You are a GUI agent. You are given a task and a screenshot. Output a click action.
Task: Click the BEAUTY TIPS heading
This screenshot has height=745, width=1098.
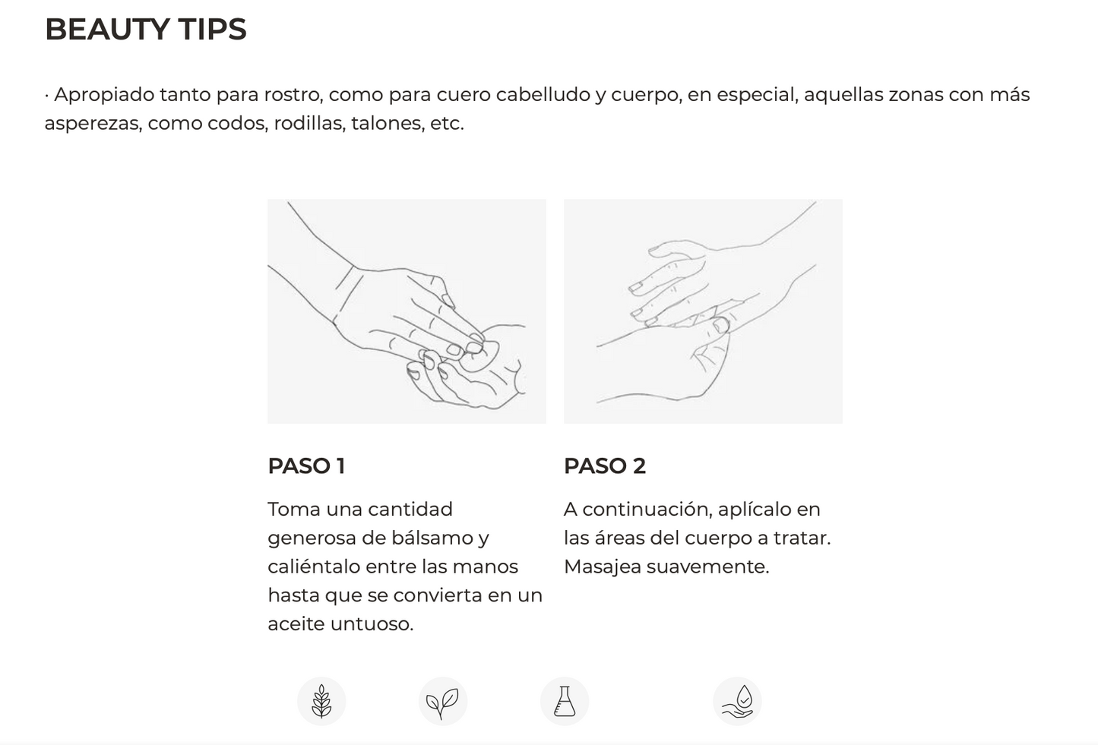(x=146, y=29)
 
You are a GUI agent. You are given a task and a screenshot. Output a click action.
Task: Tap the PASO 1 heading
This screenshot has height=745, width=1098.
(x=306, y=466)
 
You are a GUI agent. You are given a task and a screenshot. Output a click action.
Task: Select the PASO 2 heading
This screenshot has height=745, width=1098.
(x=605, y=466)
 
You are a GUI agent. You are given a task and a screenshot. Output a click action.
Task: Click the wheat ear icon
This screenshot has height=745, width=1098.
(x=321, y=702)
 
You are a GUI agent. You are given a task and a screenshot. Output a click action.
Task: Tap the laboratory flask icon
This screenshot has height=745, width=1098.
(x=564, y=702)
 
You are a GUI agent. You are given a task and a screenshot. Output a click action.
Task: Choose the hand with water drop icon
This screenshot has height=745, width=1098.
(x=737, y=702)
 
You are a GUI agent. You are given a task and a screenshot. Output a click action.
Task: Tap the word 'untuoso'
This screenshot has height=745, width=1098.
(x=372, y=624)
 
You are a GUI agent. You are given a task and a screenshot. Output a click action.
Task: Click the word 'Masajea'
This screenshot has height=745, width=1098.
(x=603, y=567)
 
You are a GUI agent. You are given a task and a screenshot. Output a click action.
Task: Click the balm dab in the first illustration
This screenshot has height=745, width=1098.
(x=480, y=356)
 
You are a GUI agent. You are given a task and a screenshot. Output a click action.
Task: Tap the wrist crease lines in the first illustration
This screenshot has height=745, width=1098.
(x=348, y=289)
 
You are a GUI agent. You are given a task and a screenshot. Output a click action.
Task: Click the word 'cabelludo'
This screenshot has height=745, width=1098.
(x=543, y=94)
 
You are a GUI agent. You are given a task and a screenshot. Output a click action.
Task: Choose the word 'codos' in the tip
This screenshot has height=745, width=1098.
(x=238, y=123)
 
